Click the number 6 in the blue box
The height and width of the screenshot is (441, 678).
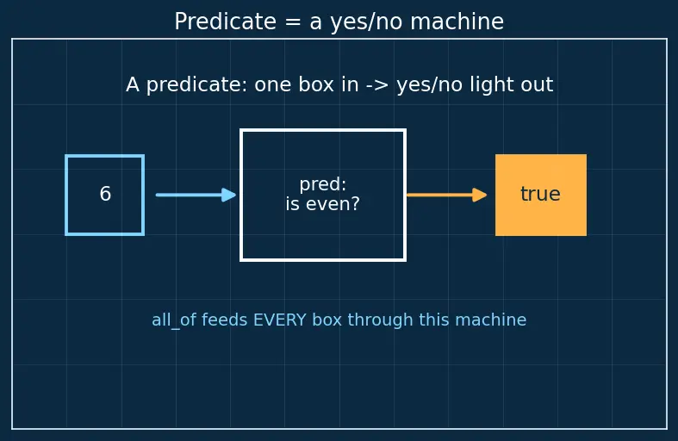(105, 194)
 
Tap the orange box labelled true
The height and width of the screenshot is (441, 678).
(541, 195)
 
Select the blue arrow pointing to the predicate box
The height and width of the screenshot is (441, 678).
(196, 195)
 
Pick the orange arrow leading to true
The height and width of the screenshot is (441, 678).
(446, 195)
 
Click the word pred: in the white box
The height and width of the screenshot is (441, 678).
(323, 184)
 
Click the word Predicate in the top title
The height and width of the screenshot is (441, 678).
(225, 22)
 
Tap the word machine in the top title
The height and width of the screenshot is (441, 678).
(457, 22)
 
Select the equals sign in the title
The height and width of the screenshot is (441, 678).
(293, 22)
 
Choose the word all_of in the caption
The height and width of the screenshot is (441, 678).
(174, 320)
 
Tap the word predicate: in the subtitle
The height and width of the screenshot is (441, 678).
(196, 84)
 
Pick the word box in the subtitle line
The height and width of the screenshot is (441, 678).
(316, 84)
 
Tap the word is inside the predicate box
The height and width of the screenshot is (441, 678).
(292, 204)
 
